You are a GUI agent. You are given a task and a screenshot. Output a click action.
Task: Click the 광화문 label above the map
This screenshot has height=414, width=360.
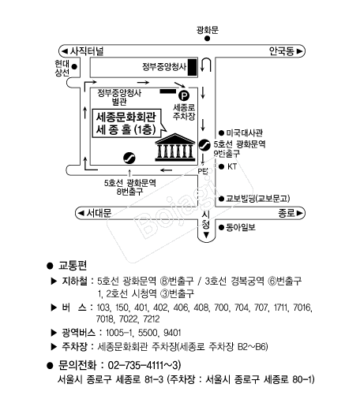pos(208,30)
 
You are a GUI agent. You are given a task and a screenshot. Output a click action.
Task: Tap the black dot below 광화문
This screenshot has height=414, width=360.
pos(207,39)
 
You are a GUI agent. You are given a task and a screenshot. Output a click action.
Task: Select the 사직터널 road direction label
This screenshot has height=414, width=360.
pos(86,51)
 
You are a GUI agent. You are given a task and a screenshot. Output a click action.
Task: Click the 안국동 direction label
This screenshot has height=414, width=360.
pos(282,51)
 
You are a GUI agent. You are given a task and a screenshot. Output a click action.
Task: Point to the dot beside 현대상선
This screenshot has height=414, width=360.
pos(74,66)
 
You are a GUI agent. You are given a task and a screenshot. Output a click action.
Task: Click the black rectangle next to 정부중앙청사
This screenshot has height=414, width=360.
pos(192,67)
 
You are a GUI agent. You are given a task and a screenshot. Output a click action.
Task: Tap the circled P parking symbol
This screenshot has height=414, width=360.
pos(184,95)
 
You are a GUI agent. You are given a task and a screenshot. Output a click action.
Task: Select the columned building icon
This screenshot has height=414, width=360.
pos(175,147)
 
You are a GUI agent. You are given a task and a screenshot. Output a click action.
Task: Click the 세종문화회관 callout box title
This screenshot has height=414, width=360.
pos(126,117)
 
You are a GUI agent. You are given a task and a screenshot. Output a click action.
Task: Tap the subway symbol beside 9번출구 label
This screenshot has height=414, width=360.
pos(204,144)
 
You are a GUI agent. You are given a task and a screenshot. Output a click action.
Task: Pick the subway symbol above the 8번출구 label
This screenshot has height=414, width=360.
pos(129,158)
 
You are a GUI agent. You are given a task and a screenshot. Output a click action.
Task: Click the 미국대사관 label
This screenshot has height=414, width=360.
pos(244,132)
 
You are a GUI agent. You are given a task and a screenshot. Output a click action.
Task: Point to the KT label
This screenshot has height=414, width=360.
pos(232,166)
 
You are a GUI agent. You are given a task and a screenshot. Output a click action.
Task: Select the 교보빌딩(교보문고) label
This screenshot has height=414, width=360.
pos(257,198)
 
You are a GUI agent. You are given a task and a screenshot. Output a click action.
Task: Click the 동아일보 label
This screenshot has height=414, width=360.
pos(241,227)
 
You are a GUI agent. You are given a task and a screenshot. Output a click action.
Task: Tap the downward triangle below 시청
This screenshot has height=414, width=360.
pos(206,235)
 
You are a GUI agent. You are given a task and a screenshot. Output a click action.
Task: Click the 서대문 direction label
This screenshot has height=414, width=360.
pos(99,213)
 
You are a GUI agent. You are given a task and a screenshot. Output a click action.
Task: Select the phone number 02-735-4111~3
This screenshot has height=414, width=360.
pos(144,365)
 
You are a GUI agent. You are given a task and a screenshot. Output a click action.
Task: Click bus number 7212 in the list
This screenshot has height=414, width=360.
pos(152,319)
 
